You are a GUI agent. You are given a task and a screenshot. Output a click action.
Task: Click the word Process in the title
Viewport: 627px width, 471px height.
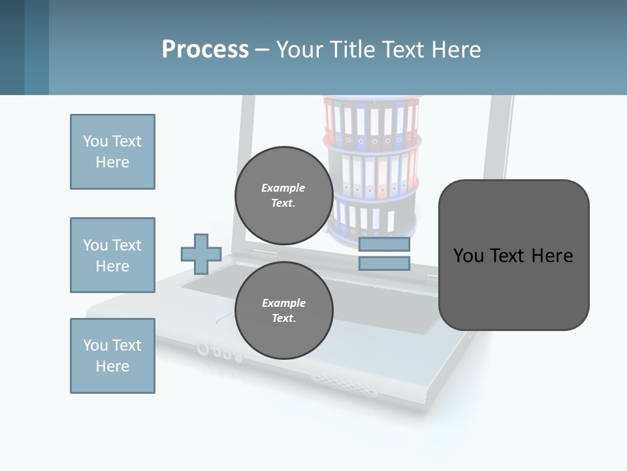[x=205, y=50]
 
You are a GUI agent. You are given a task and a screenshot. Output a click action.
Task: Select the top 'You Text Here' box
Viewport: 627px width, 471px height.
[x=112, y=152]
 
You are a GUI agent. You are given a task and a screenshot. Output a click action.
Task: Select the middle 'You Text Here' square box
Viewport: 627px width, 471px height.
[x=112, y=255]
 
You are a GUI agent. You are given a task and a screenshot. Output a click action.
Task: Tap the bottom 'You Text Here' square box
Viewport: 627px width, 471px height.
[x=112, y=356]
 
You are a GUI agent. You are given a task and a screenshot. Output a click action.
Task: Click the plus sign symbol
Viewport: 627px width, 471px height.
[x=201, y=254]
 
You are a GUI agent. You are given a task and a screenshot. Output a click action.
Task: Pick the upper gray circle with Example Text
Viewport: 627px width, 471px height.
[x=283, y=195]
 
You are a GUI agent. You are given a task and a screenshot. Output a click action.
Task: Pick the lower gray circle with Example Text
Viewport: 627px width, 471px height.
[x=283, y=310]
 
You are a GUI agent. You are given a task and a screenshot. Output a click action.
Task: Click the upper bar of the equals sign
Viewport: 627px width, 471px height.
[x=384, y=245]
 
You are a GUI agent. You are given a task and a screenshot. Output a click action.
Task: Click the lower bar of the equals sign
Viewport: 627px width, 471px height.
[x=384, y=264]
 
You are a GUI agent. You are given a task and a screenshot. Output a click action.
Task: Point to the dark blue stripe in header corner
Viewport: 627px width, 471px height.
[x=12, y=47]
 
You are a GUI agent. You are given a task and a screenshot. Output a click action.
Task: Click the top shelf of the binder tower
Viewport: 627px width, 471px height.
[x=371, y=122]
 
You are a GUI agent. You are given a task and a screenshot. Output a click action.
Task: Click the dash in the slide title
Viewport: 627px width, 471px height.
[x=262, y=50]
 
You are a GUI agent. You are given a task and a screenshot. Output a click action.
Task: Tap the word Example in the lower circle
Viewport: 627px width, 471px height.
[x=283, y=303]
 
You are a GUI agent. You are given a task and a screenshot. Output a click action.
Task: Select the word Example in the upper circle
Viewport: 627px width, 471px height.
[x=283, y=188]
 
